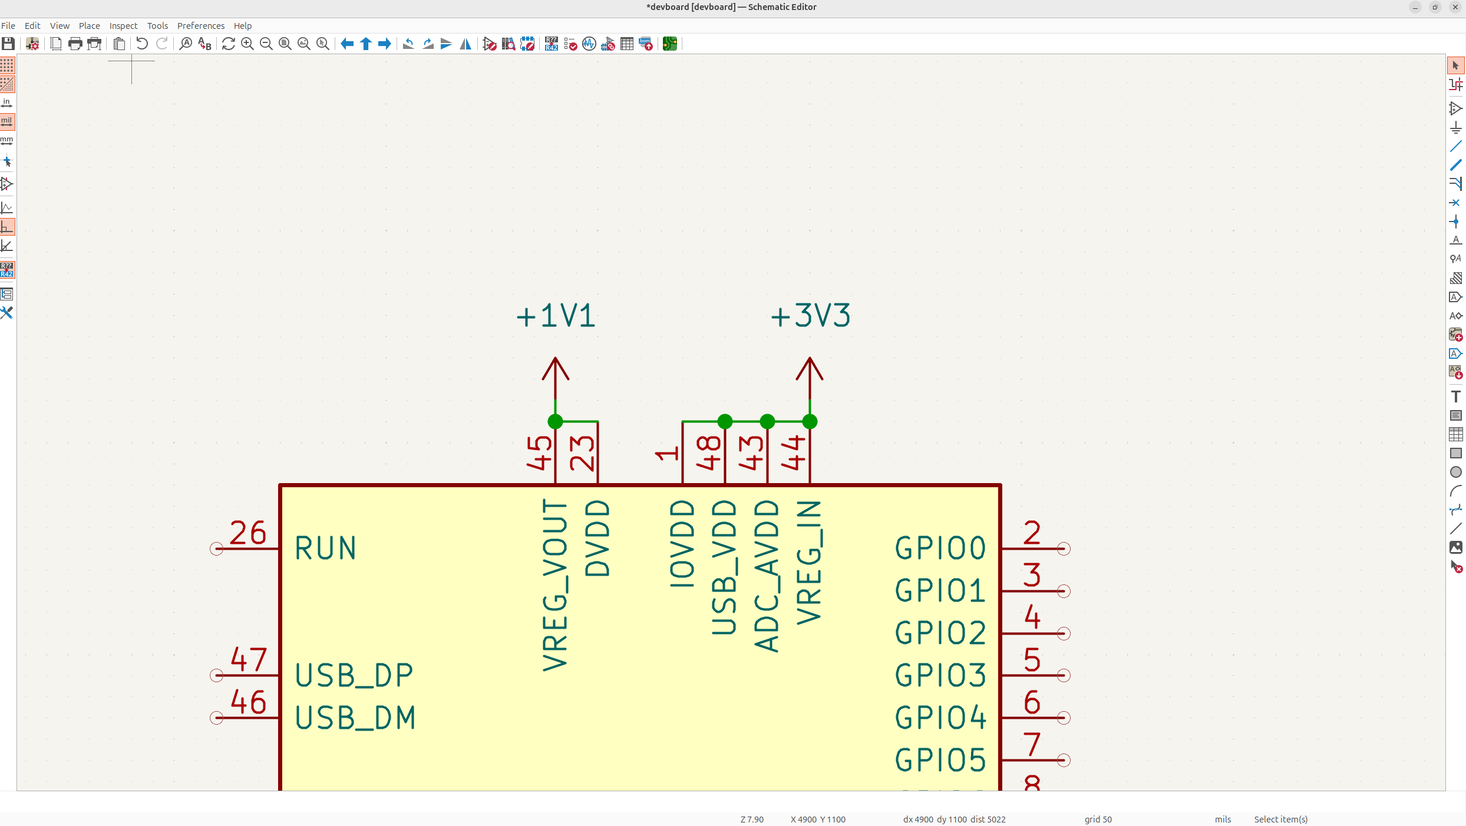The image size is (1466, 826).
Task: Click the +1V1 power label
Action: pos(556,316)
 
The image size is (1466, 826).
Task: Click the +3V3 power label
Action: pos(810,316)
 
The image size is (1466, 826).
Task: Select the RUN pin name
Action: pos(325,549)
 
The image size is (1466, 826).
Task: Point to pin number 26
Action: pos(247,533)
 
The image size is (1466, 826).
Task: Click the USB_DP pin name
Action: pos(354,675)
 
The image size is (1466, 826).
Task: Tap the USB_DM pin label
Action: pos(355,718)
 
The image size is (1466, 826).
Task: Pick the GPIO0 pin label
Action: pos(940,549)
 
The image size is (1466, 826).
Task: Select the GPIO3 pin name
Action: pos(940,675)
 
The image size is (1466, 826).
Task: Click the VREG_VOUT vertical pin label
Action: pos(555,585)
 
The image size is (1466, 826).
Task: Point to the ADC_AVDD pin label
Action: pos(767,576)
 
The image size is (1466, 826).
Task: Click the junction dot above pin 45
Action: pos(555,422)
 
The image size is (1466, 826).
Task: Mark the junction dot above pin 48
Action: pos(725,422)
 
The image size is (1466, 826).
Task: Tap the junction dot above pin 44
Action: pos(810,422)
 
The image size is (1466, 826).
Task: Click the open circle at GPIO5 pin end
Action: pos(1064,760)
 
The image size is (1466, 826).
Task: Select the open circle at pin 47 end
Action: pos(216,675)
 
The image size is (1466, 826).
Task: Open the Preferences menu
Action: pos(200,26)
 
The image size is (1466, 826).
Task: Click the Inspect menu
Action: pos(123,26)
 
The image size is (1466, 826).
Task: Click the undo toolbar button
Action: pos(141,44)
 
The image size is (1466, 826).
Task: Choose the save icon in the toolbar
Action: pos(8,44)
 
